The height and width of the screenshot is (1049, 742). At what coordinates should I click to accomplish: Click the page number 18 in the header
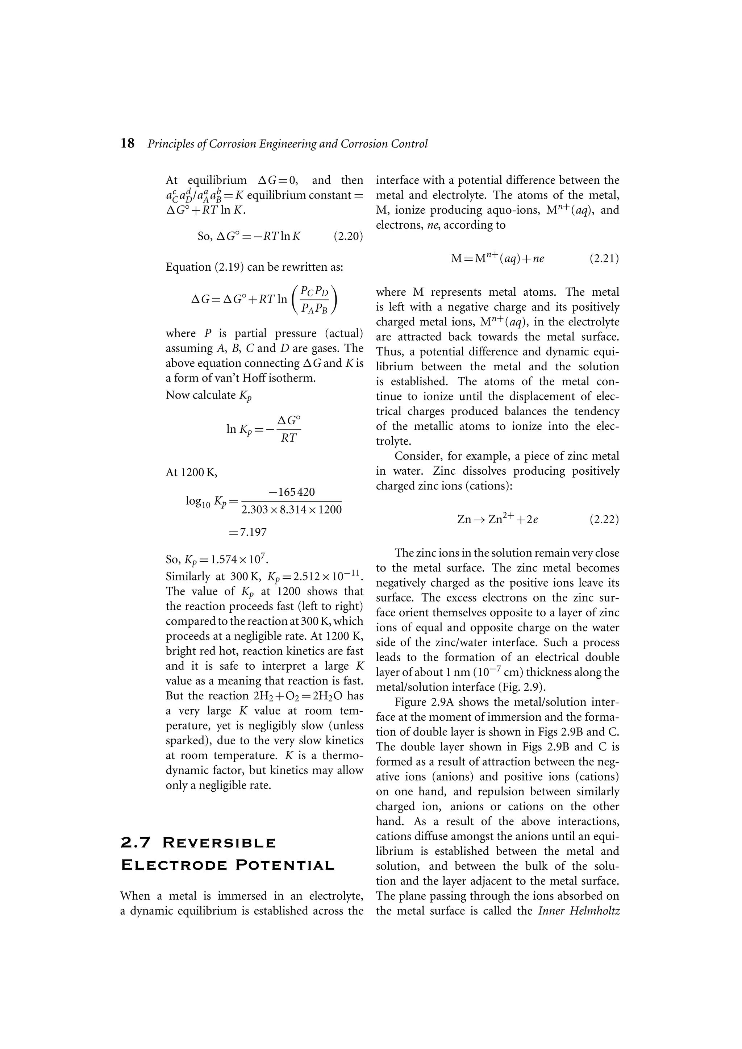pyautogui.click(x=128, y=143)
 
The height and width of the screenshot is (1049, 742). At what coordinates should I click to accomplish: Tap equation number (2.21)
pyautogui.click(x=604, y=259)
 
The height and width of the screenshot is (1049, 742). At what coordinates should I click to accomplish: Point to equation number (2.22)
pyautogui.click(x=604, y=520)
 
